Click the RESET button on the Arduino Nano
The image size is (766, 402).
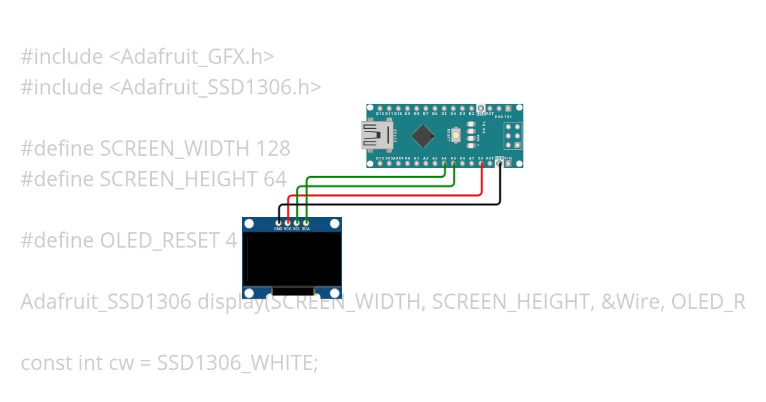click(456, 135)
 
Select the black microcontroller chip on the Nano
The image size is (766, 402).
click(423, 135)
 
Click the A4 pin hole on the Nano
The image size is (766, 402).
click(444, 163)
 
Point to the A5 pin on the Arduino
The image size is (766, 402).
click(453, 163)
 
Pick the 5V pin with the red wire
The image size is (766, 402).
click(481, 163)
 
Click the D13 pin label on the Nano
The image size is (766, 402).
click(380, 158)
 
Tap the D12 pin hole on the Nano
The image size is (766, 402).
click(380, 108)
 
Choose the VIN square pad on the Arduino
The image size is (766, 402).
click(508, 163)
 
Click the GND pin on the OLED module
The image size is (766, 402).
click(278, 221)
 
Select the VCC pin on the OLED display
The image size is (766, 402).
click(287, 221)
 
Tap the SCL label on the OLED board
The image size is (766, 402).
click(296, 228)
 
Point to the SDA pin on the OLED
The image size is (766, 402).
click(306, 221)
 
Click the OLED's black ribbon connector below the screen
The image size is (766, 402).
click(292, 291)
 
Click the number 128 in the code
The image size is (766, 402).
click(273, 149)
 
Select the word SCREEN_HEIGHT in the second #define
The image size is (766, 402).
click(179, 179)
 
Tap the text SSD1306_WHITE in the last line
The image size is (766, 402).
click(237, 363)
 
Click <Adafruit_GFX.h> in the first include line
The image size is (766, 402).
click(191, 57)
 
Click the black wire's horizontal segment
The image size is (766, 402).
click(389, 205)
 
